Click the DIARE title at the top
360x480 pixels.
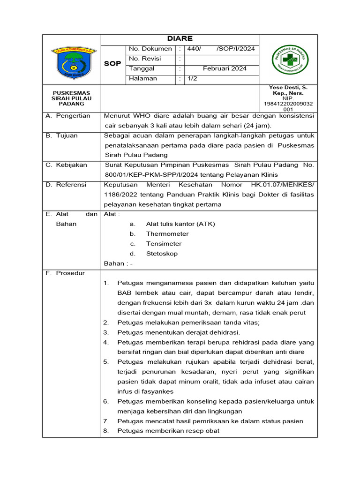[x=180, y=39]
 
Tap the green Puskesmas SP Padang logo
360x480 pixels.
[x=291, y=61]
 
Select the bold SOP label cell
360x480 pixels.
[x=112, y=63]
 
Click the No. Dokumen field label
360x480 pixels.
[x=150, y=49]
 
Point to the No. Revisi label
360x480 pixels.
[x=145, y=59]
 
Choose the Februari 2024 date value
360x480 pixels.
[x=225, y=69]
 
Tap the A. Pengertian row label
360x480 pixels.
[x=68, y=116]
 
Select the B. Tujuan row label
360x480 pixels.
[x=62, y=135]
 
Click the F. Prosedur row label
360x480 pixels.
[x=65, y=273]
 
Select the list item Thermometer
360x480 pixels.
[x=167, y=234]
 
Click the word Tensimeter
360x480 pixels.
[x=164, y=244]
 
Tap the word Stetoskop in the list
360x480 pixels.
[x=162, y=254]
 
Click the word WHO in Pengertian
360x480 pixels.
[x=141, y=116]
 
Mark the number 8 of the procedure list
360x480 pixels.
[x=106, y=431]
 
